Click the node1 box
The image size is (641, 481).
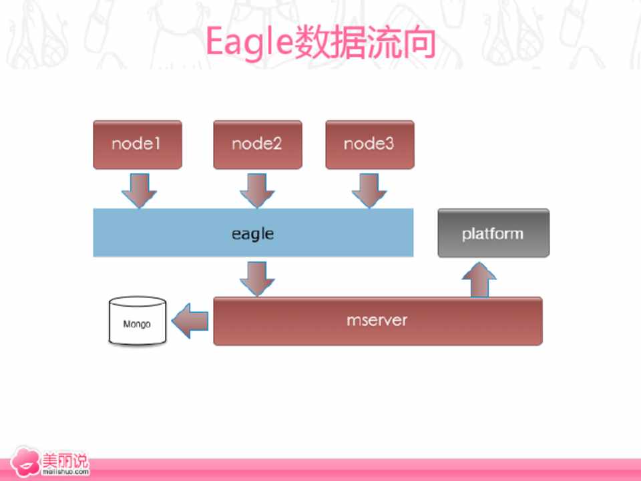pos(138,144)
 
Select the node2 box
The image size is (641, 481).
pos(258,144)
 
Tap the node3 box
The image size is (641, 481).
pos(370,144)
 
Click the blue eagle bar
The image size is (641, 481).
pos(253,232)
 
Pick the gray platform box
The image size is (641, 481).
pos(493,233)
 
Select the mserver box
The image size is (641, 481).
pos(378,321)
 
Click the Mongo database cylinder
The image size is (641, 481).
pos(138,321)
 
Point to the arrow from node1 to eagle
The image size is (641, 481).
pos(139,190)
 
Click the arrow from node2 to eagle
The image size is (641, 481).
pos(257,190)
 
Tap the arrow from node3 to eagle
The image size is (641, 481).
pos(369,190)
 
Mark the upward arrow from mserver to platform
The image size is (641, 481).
pos(479,280)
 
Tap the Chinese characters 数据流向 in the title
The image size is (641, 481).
pos(365,42)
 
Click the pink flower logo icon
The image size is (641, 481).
pos(25,462)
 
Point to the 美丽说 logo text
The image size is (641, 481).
pos(65,460)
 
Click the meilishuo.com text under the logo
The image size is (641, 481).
pos(65,472)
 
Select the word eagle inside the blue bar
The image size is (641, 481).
pos(252,234)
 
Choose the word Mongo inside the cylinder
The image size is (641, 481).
pos(137,325)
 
